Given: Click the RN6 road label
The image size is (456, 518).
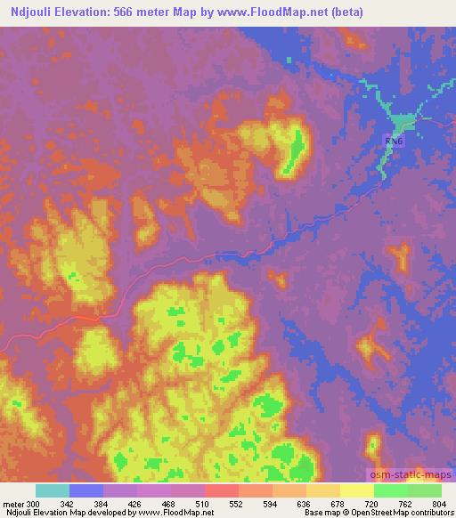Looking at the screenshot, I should coord(393,142).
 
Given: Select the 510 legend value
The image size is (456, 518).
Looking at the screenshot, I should coord(204,503).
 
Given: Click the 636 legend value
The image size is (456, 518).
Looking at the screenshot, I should coord(305,503).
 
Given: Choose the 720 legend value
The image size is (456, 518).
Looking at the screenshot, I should coord(372,503).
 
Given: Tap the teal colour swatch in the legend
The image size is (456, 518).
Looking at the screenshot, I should coord(53,490).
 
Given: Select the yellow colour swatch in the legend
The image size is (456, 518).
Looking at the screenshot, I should coord(356,490).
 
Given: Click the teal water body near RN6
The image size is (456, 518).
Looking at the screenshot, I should coord(399,121).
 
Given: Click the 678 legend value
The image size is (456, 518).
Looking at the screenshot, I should coord(338,503).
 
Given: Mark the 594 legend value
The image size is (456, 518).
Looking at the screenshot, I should coord(272,503).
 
